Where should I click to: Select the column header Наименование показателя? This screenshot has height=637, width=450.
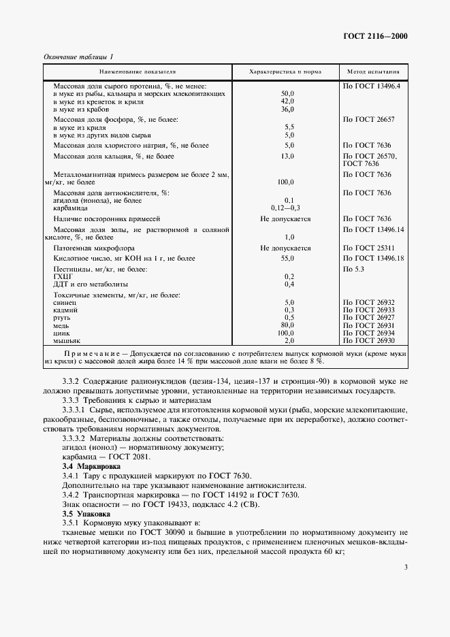137,71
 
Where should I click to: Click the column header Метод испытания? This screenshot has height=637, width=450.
373,71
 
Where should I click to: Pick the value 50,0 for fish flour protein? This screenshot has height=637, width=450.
287,93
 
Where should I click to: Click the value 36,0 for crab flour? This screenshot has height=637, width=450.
287,109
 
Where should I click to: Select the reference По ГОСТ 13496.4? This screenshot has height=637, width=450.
372,86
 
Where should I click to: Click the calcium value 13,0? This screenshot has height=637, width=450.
287,157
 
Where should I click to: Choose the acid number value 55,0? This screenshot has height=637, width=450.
287,259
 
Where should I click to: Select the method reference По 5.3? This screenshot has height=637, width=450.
356,269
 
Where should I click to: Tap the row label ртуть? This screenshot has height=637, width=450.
63,317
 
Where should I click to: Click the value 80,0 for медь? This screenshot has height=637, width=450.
287,325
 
